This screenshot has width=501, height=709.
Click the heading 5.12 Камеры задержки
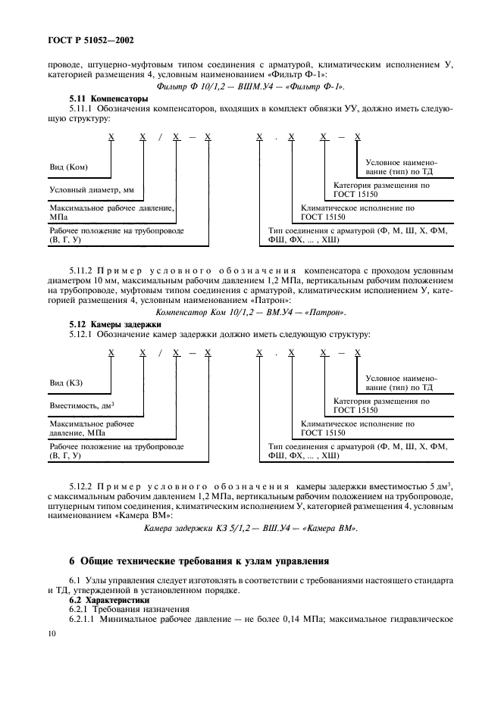(108, 324)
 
